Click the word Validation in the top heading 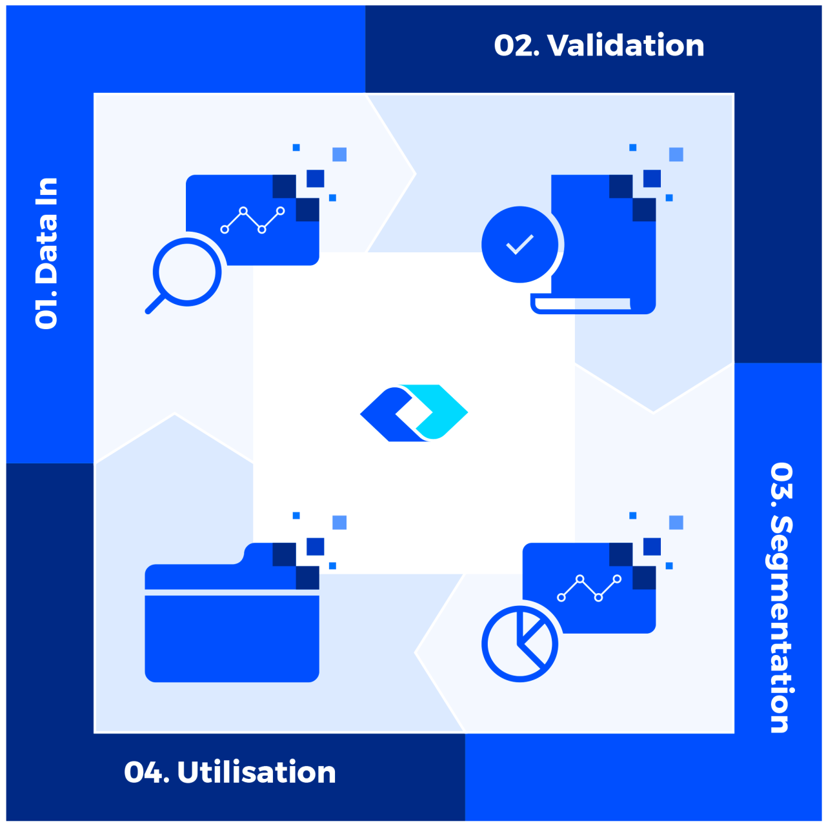pyautogui.click(x=626, y=46)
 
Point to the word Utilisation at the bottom pyautogui.click(x=256, y=772)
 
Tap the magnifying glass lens pyautogui.click(x=187, y=272)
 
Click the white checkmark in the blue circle pyautogui.click(x=519, y=245)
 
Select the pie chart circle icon pyautogui.click(x=519, y=643)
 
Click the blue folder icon pyautogui.click(x=232, y=636)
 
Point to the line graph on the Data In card pyautogui.click(x=252, y=220)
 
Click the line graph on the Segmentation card pyautogui.click(x=589, y=588)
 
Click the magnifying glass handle pyautogui.click(x=154, y=305)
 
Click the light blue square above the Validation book pyautogui.click(x=676, y=154)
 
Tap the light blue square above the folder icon pyautogui.click(x=339, y=522)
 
